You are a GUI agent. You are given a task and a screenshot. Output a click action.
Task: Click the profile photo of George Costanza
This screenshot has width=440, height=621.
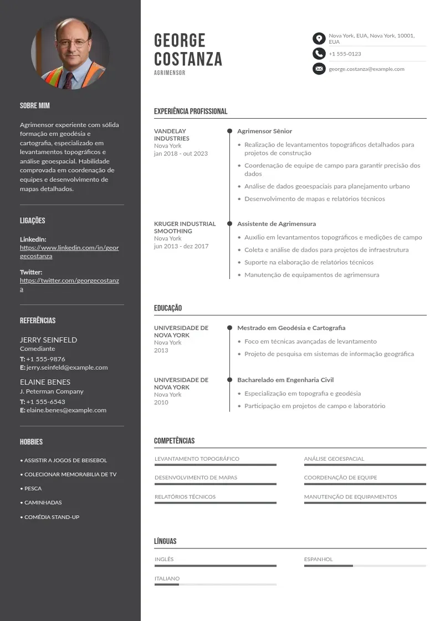tap(70, 54)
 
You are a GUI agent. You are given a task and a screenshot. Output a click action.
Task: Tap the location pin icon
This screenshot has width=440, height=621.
tap(319, 38)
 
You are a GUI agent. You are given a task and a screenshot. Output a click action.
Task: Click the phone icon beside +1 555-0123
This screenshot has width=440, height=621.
tap(319, 54)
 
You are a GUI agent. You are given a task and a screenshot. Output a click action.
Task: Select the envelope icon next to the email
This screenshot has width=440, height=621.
tap(319, 69)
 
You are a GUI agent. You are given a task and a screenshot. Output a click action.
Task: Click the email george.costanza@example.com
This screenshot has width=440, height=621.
tap(366, 69)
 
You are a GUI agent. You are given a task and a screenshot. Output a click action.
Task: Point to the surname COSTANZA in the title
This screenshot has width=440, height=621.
tap(188, 59)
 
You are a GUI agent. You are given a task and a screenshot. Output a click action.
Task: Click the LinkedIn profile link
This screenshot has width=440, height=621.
tap(69, 252)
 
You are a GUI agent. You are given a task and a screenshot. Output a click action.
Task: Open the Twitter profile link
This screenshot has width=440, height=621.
tap(69, 284)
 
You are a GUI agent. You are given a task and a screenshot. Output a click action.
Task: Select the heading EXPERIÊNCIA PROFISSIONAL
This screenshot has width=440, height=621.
tap(191, 111)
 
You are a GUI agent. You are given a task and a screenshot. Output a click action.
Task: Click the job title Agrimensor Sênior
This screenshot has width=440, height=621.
tap(264, 131)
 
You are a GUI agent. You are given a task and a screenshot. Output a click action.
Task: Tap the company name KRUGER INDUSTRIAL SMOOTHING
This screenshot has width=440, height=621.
tap(185, 227)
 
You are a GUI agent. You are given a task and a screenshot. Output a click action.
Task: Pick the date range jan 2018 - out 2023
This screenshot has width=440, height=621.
tap(181, 154)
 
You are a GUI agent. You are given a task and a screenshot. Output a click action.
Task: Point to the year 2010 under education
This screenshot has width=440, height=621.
tap(161, 402)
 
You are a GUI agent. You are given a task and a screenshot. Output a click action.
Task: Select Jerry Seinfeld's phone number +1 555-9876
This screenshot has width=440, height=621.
tap(45, 359)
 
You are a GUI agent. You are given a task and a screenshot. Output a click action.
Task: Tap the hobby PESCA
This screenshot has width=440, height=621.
tap(33, 488)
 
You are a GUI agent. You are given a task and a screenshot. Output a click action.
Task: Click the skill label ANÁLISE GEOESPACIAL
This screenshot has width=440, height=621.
tap(334, 459)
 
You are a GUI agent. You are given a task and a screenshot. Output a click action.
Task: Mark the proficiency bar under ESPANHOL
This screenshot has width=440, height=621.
tap(365, 566)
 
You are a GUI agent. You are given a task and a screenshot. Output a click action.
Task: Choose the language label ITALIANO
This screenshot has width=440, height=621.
tap(167, 578)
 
